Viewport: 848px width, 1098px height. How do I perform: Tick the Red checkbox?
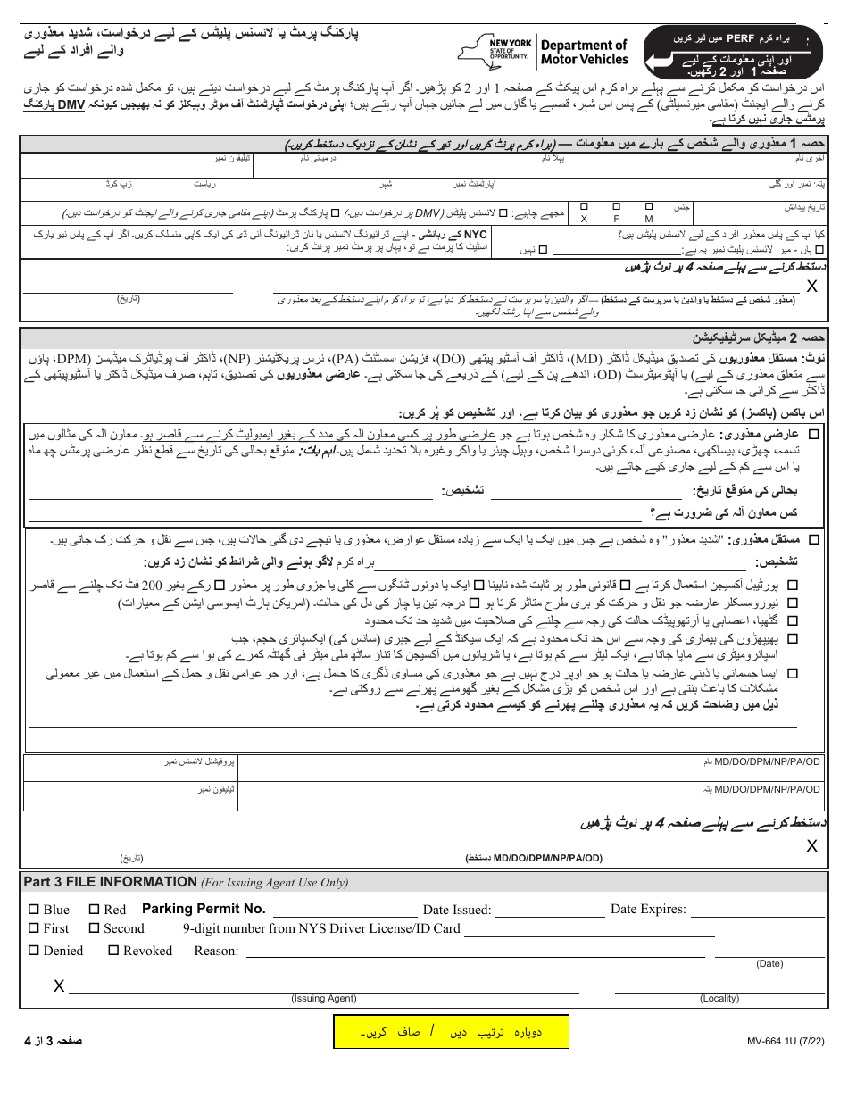[x=95, y=910]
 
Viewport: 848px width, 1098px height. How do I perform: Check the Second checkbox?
[x=94, y=928]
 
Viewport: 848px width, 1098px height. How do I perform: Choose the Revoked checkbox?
[x=113, y=951]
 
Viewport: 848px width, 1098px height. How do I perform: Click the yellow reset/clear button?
[x=451, y=1031]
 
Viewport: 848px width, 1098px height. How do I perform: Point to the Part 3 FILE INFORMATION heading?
[x=110, y=882]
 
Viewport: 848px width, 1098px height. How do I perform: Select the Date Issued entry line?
[x=551, y=913]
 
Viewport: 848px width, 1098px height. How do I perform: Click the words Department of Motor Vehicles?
[x=584, y=52]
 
